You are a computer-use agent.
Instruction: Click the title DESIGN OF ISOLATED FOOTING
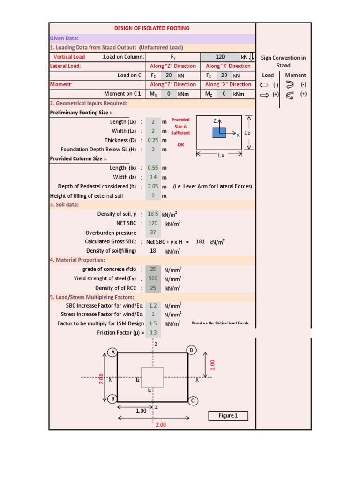[x=152, y=28]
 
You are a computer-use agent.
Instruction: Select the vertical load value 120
[x=220, y=57]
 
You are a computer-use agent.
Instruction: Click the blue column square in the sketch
[x=219, y=133]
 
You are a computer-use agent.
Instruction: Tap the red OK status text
[x=180, y=145]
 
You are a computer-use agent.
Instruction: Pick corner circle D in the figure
[x=192, y=351]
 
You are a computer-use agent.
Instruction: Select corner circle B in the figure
[x=112, y=399]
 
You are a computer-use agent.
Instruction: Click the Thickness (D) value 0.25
[x=153, y=140]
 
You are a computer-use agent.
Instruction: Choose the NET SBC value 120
[x=153, y=223]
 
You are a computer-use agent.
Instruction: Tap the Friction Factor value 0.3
[x=153, y=332]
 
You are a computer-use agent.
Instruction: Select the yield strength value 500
[x=153, y=278]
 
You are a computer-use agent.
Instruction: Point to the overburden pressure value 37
[x=153, y=232]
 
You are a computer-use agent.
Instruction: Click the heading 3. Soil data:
[x=65, y=205]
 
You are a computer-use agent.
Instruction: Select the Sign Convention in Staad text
[x=283, y=61]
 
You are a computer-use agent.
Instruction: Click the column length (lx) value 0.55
[x=153, y=168]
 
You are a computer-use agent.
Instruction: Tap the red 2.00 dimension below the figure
[x=161, y=425]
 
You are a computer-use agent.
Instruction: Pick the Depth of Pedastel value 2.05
[x=153, y=187]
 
